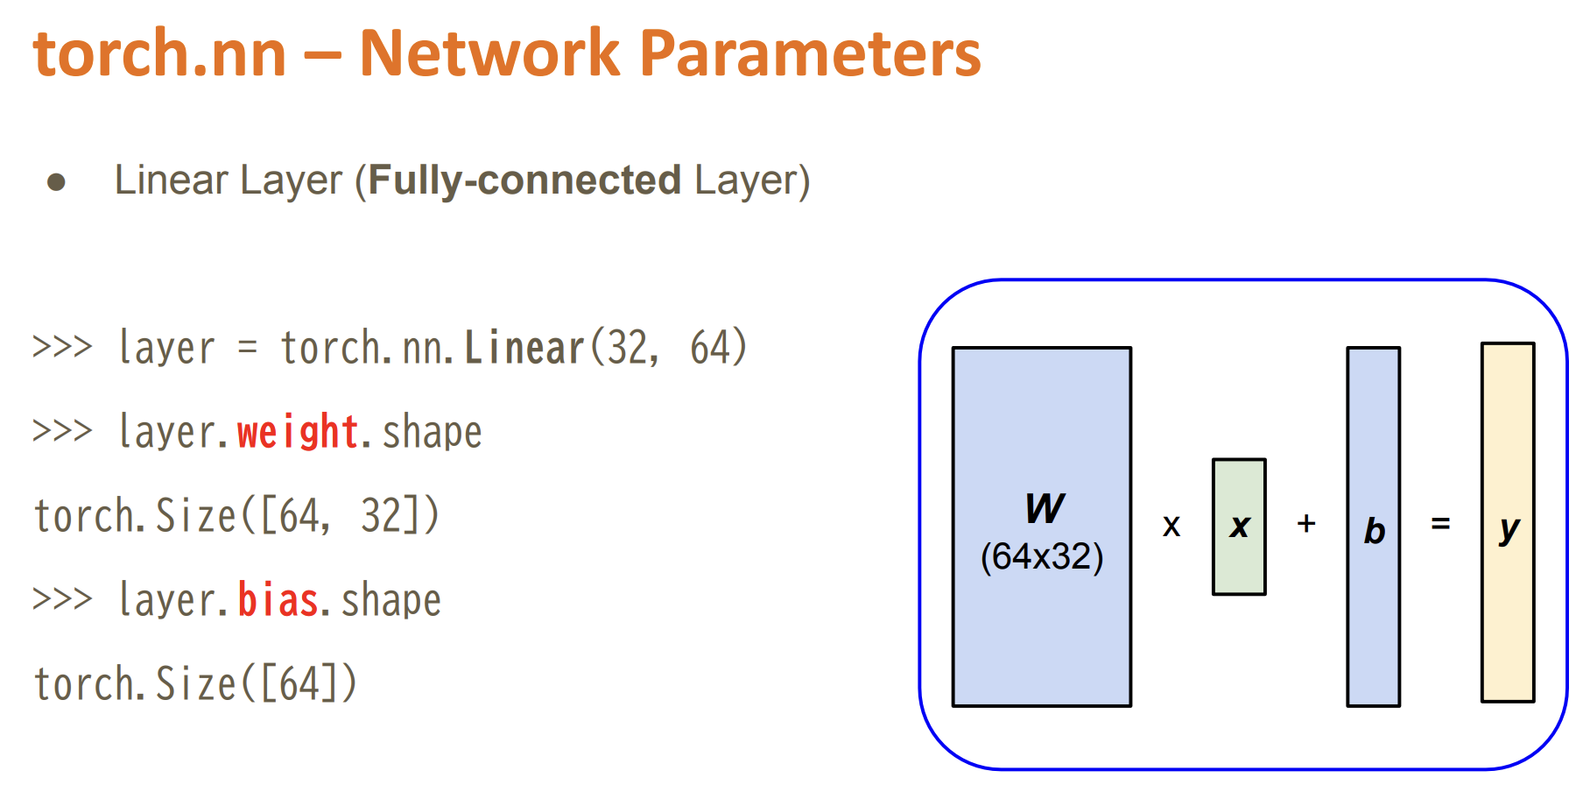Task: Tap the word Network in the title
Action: coord(489,53)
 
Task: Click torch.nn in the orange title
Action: coord(160,53)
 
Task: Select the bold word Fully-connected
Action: coord(524,180)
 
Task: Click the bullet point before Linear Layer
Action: coord(57,182)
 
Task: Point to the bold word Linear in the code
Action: coord(524,348)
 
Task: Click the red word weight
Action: coord(298,432)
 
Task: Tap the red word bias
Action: coord(278,600)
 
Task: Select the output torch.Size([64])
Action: coord(195,684)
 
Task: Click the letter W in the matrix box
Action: coord(1045,508)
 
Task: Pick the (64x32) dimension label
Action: coord(1042,557)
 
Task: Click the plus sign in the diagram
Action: coord(1306,524)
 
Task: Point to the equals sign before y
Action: coord(1440,524)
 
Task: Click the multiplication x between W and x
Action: coord(1171,527)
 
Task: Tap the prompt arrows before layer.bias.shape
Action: coord(62,600)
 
